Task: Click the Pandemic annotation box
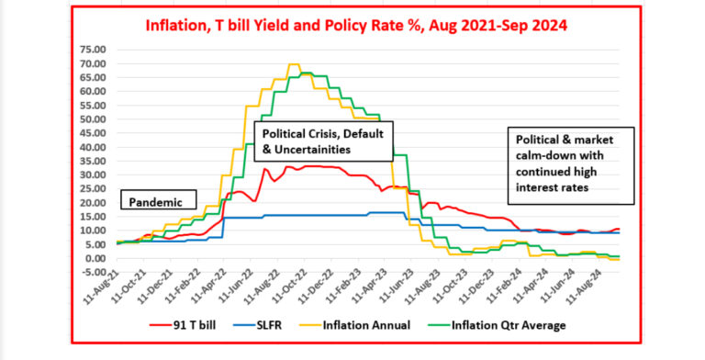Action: pyautogui.click(x=158, y=201)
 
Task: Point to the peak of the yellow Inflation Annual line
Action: pyautogui.click(x=293, y=65)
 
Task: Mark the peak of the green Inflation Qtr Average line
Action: pyautogui.click(x=306, y=73)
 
